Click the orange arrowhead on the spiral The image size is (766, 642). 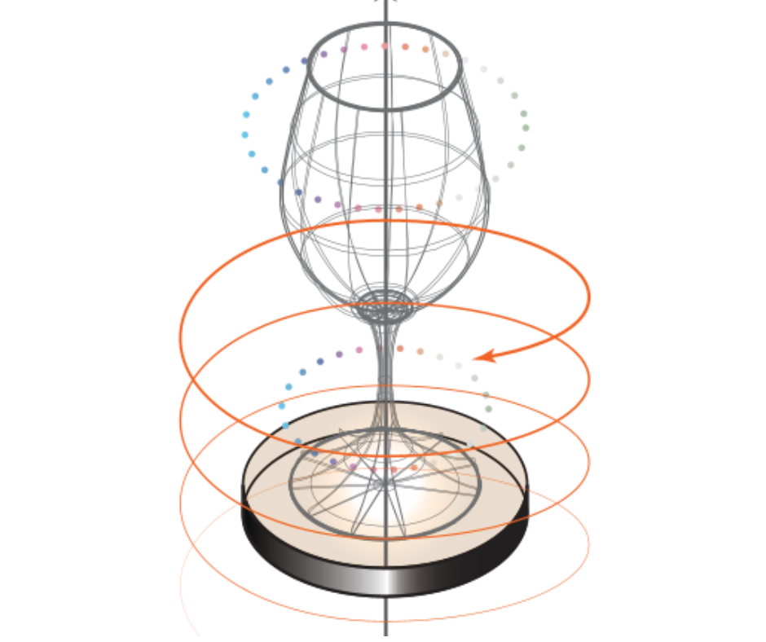click(x=481, y=356)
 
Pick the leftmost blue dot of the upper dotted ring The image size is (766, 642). click(x=244, y=134)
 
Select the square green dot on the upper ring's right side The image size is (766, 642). click(x=526, y=127)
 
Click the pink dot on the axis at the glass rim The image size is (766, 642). click(x=385, y=46)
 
